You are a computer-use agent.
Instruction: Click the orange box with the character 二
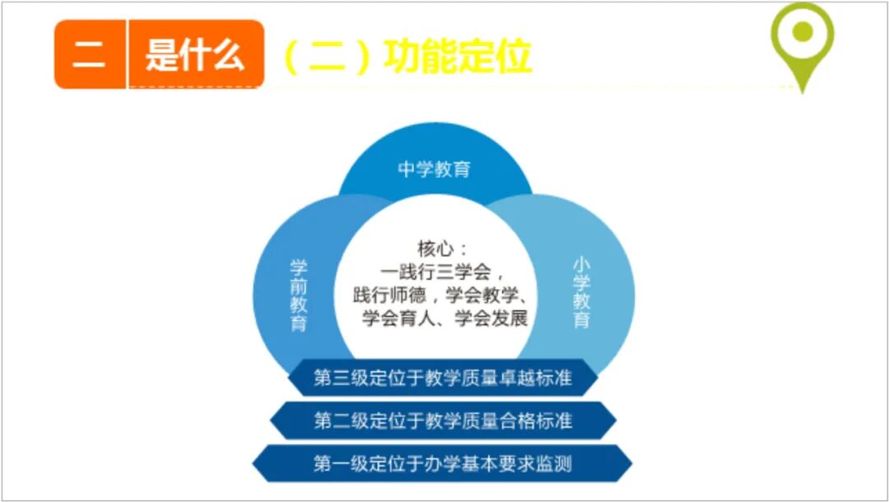pyautogui.click(x=89, y=56)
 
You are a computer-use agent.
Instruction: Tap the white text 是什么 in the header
pyautogui.click(x=195, y=56)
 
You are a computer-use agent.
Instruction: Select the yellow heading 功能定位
pyautogui.click(x=457, y=56)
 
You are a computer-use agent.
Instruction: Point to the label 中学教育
pyautogui.click(x=435, y=170)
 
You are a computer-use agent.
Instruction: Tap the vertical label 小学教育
pyautogui.click(x=581, y=293)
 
